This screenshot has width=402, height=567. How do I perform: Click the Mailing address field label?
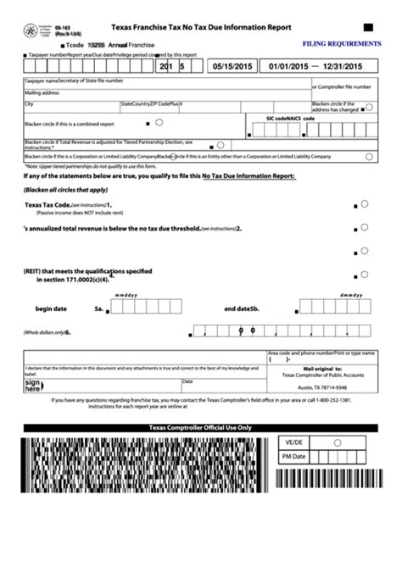[43, 92]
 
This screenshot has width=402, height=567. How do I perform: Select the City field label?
[30, 103]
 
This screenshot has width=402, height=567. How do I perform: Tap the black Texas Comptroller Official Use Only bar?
[200, 428]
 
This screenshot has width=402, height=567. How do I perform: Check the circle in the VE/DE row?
[337, 442]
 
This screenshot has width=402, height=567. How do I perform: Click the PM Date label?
[293, 456]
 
